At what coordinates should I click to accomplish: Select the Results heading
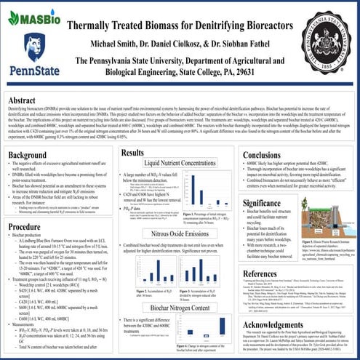[134, 153]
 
